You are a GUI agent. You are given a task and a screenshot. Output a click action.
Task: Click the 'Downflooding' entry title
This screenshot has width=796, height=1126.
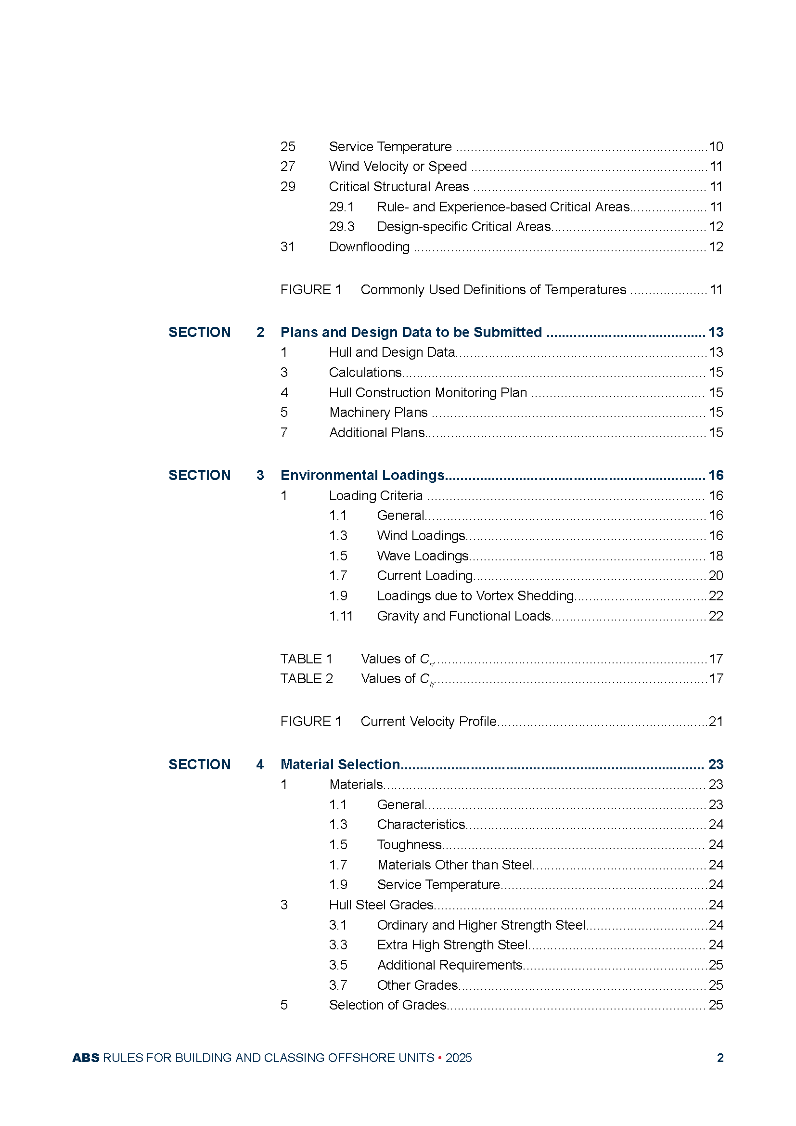click(369, 246)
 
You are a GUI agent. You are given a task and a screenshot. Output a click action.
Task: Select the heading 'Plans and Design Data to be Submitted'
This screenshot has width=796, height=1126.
click(411, 332)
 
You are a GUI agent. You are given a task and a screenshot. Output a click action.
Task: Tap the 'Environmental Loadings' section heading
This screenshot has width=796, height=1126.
click(362, 475)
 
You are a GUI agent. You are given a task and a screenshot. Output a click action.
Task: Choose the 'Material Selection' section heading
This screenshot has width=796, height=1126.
click(340, 764)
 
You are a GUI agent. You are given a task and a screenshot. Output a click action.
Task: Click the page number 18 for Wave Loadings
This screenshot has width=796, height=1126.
click(716, 556)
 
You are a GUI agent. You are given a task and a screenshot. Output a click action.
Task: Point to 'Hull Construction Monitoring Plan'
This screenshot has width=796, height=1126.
click(428, 392)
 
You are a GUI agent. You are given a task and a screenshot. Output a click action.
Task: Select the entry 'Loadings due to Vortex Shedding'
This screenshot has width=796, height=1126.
click(475, 595)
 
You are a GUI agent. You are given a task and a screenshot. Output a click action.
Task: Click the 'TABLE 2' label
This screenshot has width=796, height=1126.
click(307, 678)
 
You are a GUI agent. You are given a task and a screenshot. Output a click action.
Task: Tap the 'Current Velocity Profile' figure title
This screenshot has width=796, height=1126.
click(428, 721)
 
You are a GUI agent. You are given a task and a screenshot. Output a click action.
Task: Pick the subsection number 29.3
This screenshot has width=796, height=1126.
click(341, 227)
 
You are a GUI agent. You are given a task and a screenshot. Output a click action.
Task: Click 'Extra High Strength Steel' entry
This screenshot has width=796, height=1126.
click(452, 945)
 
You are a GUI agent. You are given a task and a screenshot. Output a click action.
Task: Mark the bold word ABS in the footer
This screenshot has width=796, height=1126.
click(86, 1058)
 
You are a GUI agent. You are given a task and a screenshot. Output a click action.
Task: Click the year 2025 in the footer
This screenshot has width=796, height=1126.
click(458, 1058)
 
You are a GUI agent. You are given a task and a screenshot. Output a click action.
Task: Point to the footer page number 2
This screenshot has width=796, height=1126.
click(720, 1058)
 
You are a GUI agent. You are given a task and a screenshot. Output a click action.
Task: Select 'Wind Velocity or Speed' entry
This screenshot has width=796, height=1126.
click(398, 167)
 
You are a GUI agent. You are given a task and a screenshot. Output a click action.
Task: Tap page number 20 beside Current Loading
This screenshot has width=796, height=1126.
click(716, 575)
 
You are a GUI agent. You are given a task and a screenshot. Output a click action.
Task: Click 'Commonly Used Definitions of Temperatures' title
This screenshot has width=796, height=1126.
click(493, 290)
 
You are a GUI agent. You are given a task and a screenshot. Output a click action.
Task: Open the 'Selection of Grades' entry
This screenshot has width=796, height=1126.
click(387, 1005)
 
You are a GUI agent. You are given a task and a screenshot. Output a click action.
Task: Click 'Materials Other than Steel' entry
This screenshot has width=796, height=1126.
click(454, 865)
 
